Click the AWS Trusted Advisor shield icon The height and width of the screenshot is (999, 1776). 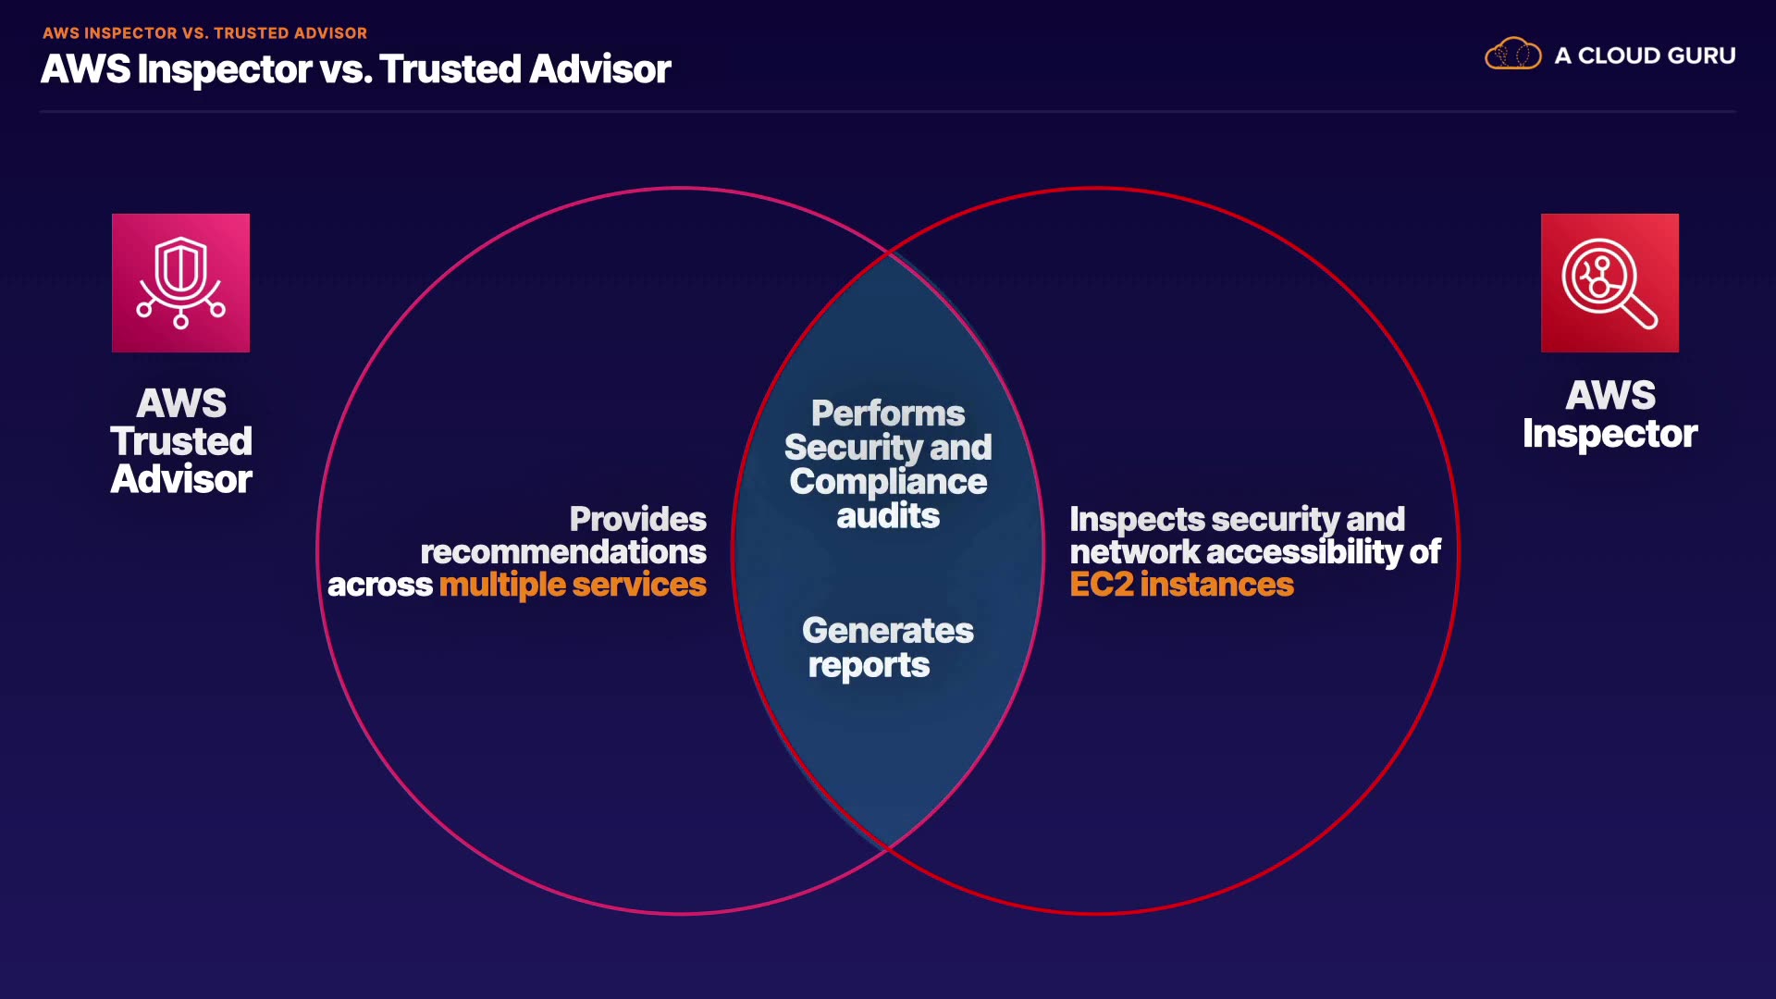(x=180, y=282)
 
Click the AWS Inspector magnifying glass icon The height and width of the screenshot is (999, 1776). (x=1609, y=282)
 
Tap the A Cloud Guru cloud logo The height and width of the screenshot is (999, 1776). (x=1512, y=55)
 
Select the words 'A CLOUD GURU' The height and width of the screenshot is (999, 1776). (x=1645, y=55)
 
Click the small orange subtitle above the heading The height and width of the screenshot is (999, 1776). (x=204, y=33)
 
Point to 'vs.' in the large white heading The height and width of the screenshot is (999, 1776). (x=345, y=69)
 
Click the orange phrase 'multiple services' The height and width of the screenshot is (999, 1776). (x=573, y=585)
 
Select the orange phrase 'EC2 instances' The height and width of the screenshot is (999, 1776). (x=1181, y=585)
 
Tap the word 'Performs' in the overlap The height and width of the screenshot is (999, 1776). (x=888, y=413)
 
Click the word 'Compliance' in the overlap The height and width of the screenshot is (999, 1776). (x=888, y=482)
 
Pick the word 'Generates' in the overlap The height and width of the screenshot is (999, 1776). (x=888, y=631)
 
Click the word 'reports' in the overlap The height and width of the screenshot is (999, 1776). (x=869, y=665)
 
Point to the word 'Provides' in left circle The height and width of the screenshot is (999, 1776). (x=637, y=519)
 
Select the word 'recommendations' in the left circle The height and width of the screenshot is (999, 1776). (x=563, y=552)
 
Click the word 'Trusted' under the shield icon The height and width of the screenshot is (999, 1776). (x=181, y=441)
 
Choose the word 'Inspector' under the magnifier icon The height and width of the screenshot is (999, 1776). (x=1609, y=434)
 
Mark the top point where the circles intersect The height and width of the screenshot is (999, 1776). (x=888, y=252)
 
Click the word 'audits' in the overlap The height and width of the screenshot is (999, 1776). (x=888, y=516)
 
